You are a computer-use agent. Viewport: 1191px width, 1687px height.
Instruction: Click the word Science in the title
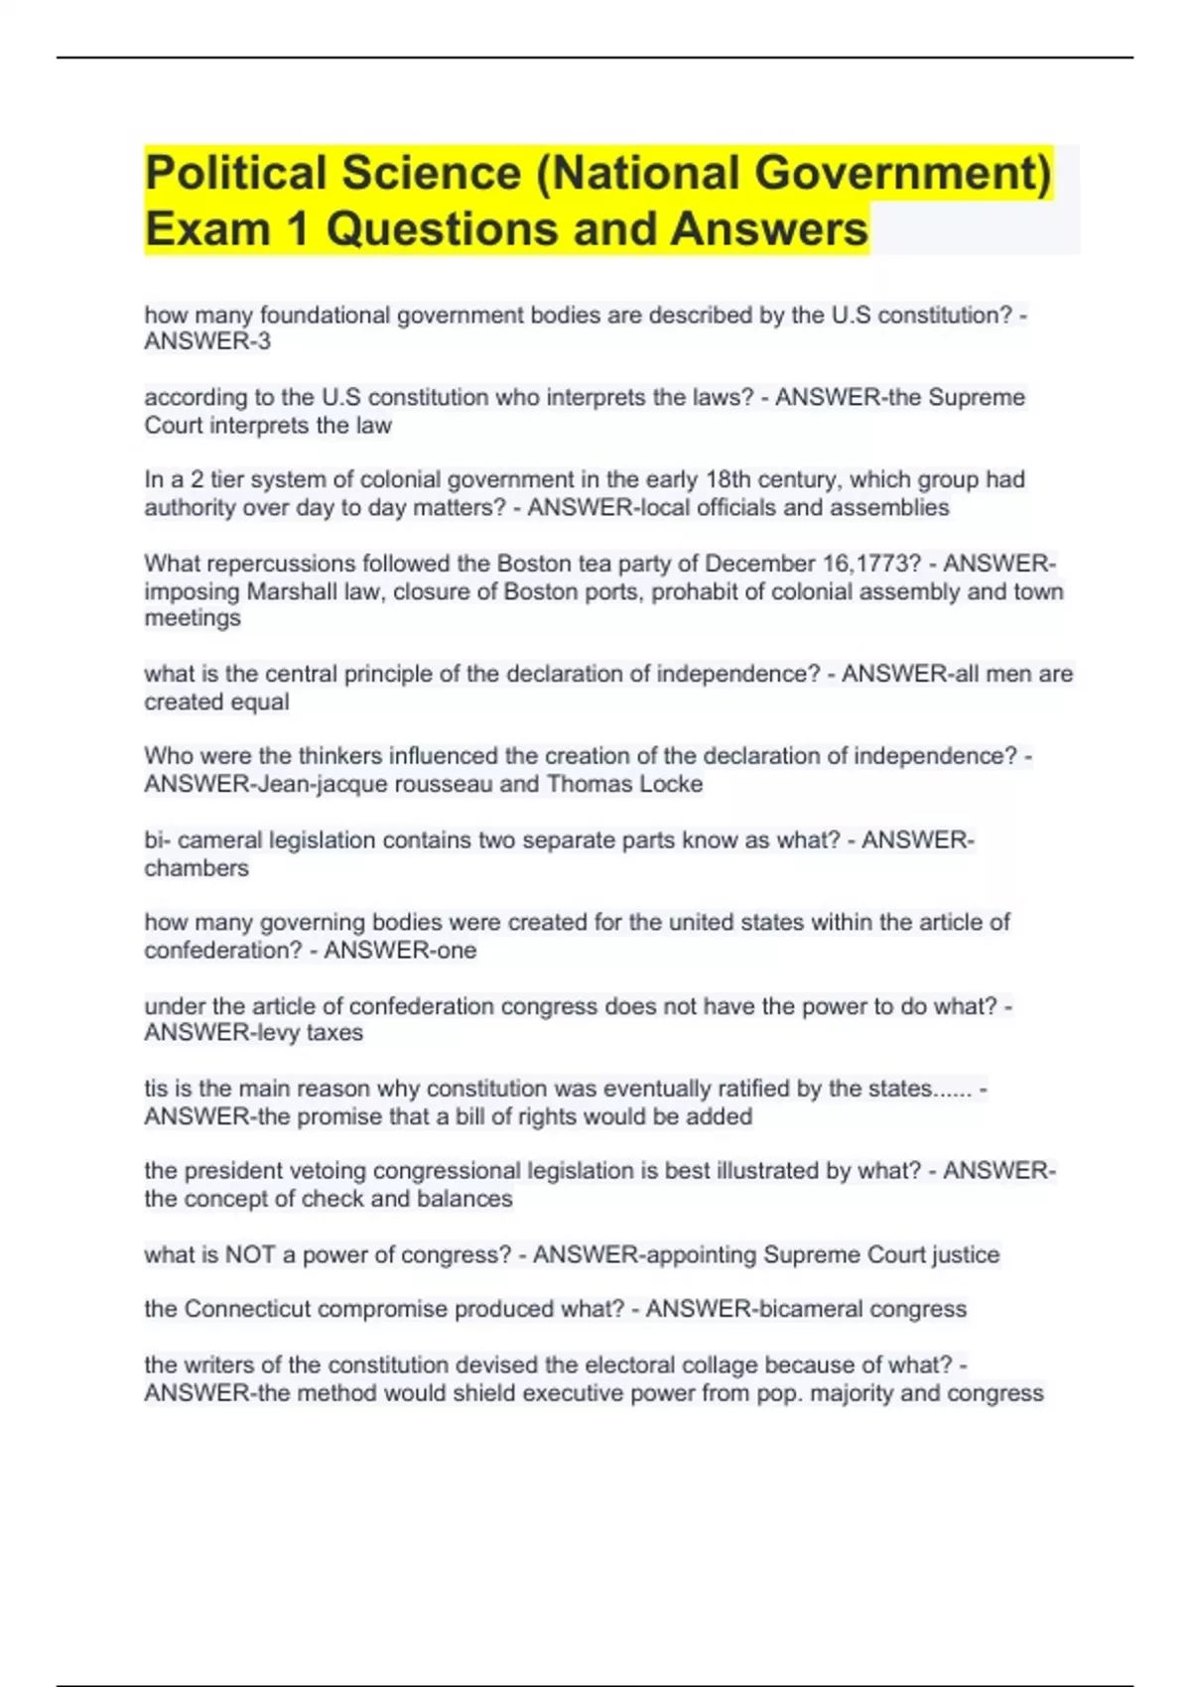(x=432, y=173)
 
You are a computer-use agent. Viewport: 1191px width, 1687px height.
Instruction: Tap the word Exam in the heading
(x=207, y=229)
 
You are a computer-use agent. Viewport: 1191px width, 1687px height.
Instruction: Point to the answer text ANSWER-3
(x=207, y=341)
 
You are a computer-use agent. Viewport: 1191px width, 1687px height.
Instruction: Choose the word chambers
(x=197, y=868)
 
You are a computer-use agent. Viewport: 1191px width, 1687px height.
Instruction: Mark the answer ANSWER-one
(x=400, y=951)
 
